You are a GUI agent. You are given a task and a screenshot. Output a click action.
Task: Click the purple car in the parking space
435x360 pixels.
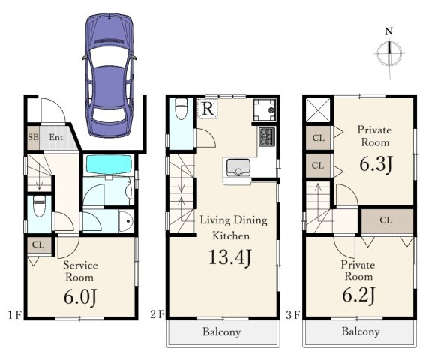coord(109,75)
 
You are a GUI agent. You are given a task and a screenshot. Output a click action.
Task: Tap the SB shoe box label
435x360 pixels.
coord(33,137)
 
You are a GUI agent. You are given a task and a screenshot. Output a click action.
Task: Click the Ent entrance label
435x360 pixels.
coord(55,137)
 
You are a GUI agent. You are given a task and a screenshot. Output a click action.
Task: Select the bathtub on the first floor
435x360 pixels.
coord(109,165)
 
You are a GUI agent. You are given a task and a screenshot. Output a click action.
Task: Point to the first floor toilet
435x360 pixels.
coord(39,205)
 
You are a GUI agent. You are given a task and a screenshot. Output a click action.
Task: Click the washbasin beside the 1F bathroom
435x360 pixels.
coord(126,221)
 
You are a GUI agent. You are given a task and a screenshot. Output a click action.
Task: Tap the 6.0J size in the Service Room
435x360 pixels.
coord(80,298)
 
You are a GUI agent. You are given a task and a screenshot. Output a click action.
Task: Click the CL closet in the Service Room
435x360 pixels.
coord(39,245)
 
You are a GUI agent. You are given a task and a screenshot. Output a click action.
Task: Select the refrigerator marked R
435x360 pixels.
coord(208,109)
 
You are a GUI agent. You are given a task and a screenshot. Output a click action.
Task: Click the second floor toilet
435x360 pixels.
coord(181,109)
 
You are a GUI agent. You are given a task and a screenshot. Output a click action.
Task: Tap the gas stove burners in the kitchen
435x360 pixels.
coord(267,137)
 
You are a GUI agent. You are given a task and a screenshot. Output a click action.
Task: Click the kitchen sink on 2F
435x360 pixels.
coord(238,168)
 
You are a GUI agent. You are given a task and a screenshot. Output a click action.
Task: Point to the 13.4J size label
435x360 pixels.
coord(230,257)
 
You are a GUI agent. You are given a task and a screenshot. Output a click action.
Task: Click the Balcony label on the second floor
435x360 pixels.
coord(221,332)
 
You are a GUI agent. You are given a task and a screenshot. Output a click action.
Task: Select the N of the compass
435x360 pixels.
coord(388,31)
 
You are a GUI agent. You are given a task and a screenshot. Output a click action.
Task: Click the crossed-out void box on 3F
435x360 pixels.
coord(318,110)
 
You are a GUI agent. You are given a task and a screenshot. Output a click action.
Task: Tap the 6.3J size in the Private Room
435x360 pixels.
coord(376,164)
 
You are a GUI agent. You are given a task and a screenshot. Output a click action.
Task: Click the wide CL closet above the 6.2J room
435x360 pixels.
coord(387,221)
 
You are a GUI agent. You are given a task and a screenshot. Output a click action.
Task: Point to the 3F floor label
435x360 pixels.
coord(293,315)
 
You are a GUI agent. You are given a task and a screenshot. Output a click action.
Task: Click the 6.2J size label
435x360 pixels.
coord(358,295)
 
